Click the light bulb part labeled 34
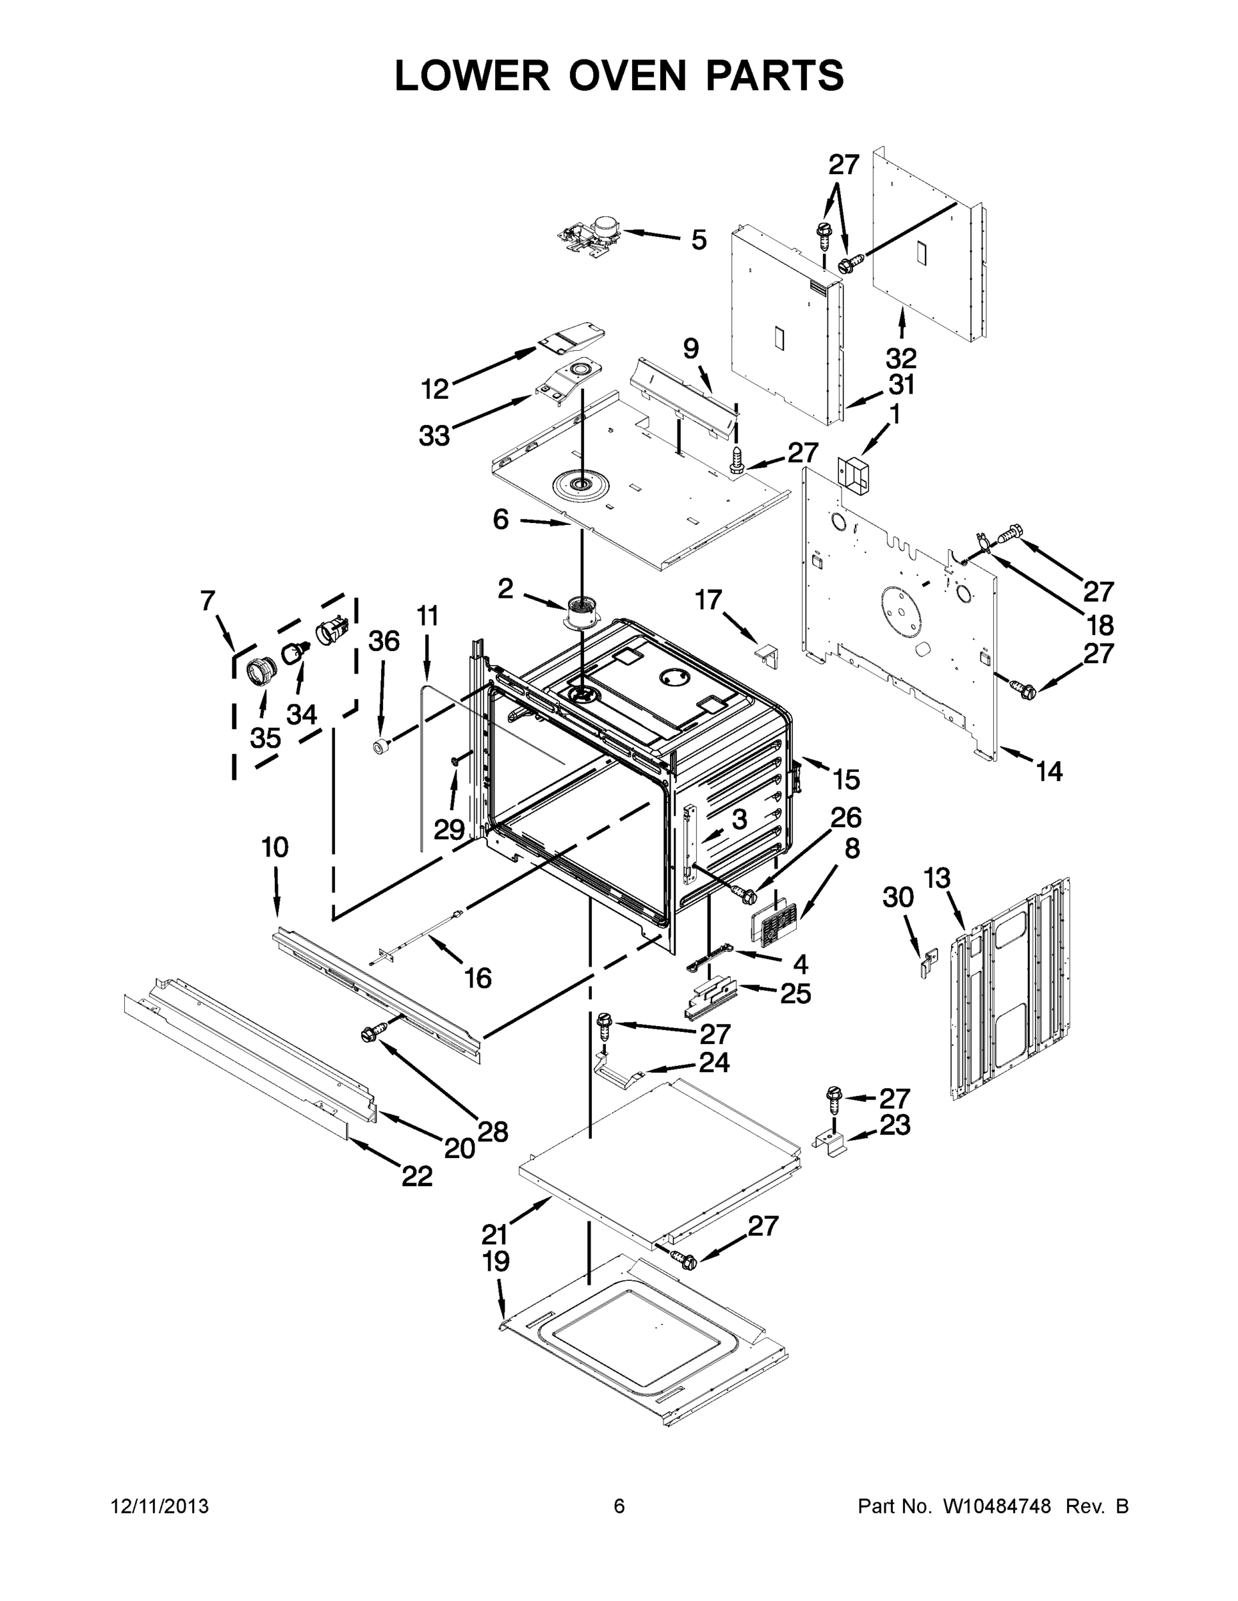tap(294, 650)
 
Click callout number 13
tap(937, 877)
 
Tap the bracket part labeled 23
tap(831, 1143)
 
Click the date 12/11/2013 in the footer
tap(160, 1506)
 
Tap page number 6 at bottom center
tap(619, 1506)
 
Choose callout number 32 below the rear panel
tap(900, 358)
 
